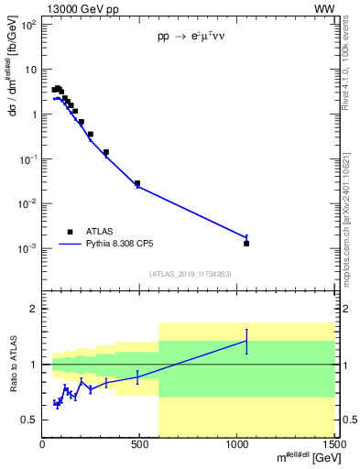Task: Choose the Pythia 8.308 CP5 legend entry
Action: (x=121, y=245)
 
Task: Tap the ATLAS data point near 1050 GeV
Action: (x=246, y=244)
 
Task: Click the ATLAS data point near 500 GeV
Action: (x=137, y=183)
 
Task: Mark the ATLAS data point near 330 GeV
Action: (x=106, y=152)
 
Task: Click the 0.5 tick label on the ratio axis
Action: (x=29, y=420)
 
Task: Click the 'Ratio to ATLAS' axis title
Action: (x=12, y=365)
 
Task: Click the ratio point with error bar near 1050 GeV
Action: (x=246, y=341)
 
